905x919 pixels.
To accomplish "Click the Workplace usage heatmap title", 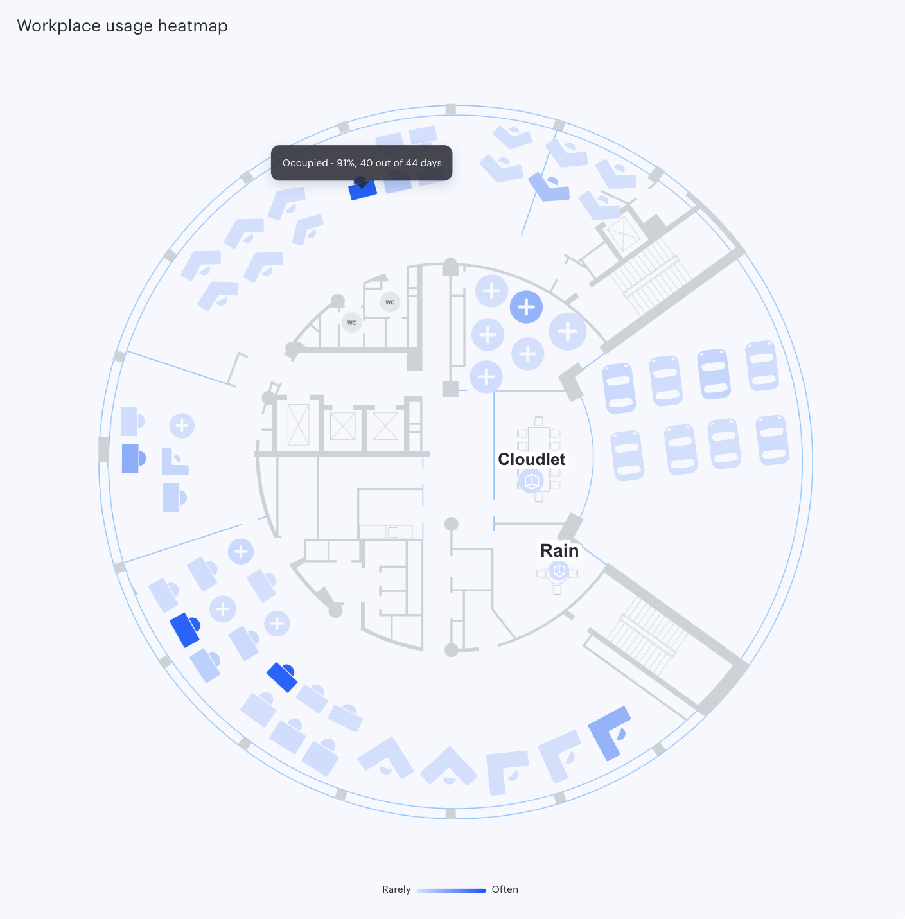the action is tap(122, 26).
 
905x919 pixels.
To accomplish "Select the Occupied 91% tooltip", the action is tap(362, 162).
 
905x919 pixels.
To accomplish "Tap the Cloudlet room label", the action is tap(531, 459).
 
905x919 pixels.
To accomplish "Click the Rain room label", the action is tap(559, 550).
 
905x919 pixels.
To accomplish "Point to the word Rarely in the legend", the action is tap(396, 889).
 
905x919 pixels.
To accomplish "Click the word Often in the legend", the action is tap(505, 889).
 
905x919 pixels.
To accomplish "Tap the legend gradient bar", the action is tap(452, 890).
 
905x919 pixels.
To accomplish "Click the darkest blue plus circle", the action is tap(526, 307).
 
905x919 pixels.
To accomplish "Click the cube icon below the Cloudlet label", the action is tap(531, 481).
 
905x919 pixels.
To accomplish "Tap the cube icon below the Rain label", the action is tap(559, 571).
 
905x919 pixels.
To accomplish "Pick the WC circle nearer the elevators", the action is tap(351, 323).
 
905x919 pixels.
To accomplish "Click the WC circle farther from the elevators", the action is tap(390, 302).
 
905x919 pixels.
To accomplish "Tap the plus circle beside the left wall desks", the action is tap(182, 426).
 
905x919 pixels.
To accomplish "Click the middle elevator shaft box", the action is tap(342, 426).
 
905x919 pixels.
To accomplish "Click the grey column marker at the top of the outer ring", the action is tap(450, 109).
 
